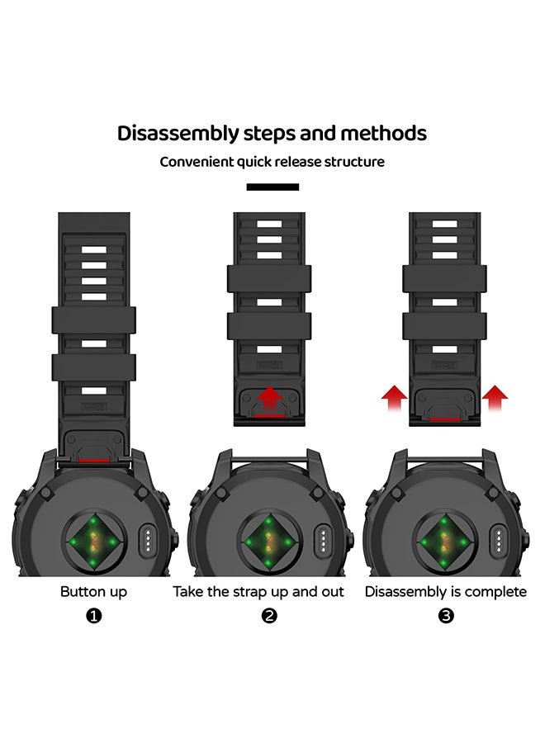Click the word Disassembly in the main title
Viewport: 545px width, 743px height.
click(x=178, y=134)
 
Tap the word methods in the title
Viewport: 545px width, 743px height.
click(x=383, y=133)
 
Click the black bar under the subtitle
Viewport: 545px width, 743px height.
click(x=272, y=187)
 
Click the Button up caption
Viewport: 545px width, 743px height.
click(x=94, y=592)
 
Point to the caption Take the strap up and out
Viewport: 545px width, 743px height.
click(x=258, y=592)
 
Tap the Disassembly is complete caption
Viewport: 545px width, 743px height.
click(x=445, y=592)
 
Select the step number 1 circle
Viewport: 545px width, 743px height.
click(x=94, y=616)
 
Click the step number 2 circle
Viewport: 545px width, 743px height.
click(x=269, y=616)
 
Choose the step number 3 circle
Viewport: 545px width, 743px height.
click(x=446, y=616)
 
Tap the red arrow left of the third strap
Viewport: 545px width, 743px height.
click(x=394, y=398)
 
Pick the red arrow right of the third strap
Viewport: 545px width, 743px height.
click(x=495, y=398)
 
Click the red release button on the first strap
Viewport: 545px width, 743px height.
click(x=94, y=460)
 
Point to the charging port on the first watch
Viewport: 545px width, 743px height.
click(x=148, y=540)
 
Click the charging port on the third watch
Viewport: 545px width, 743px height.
click(x=499, y=540)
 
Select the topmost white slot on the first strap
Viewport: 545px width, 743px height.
click(x=94, y=249)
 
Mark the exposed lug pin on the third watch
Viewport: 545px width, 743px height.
click(x=444, y=459)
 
